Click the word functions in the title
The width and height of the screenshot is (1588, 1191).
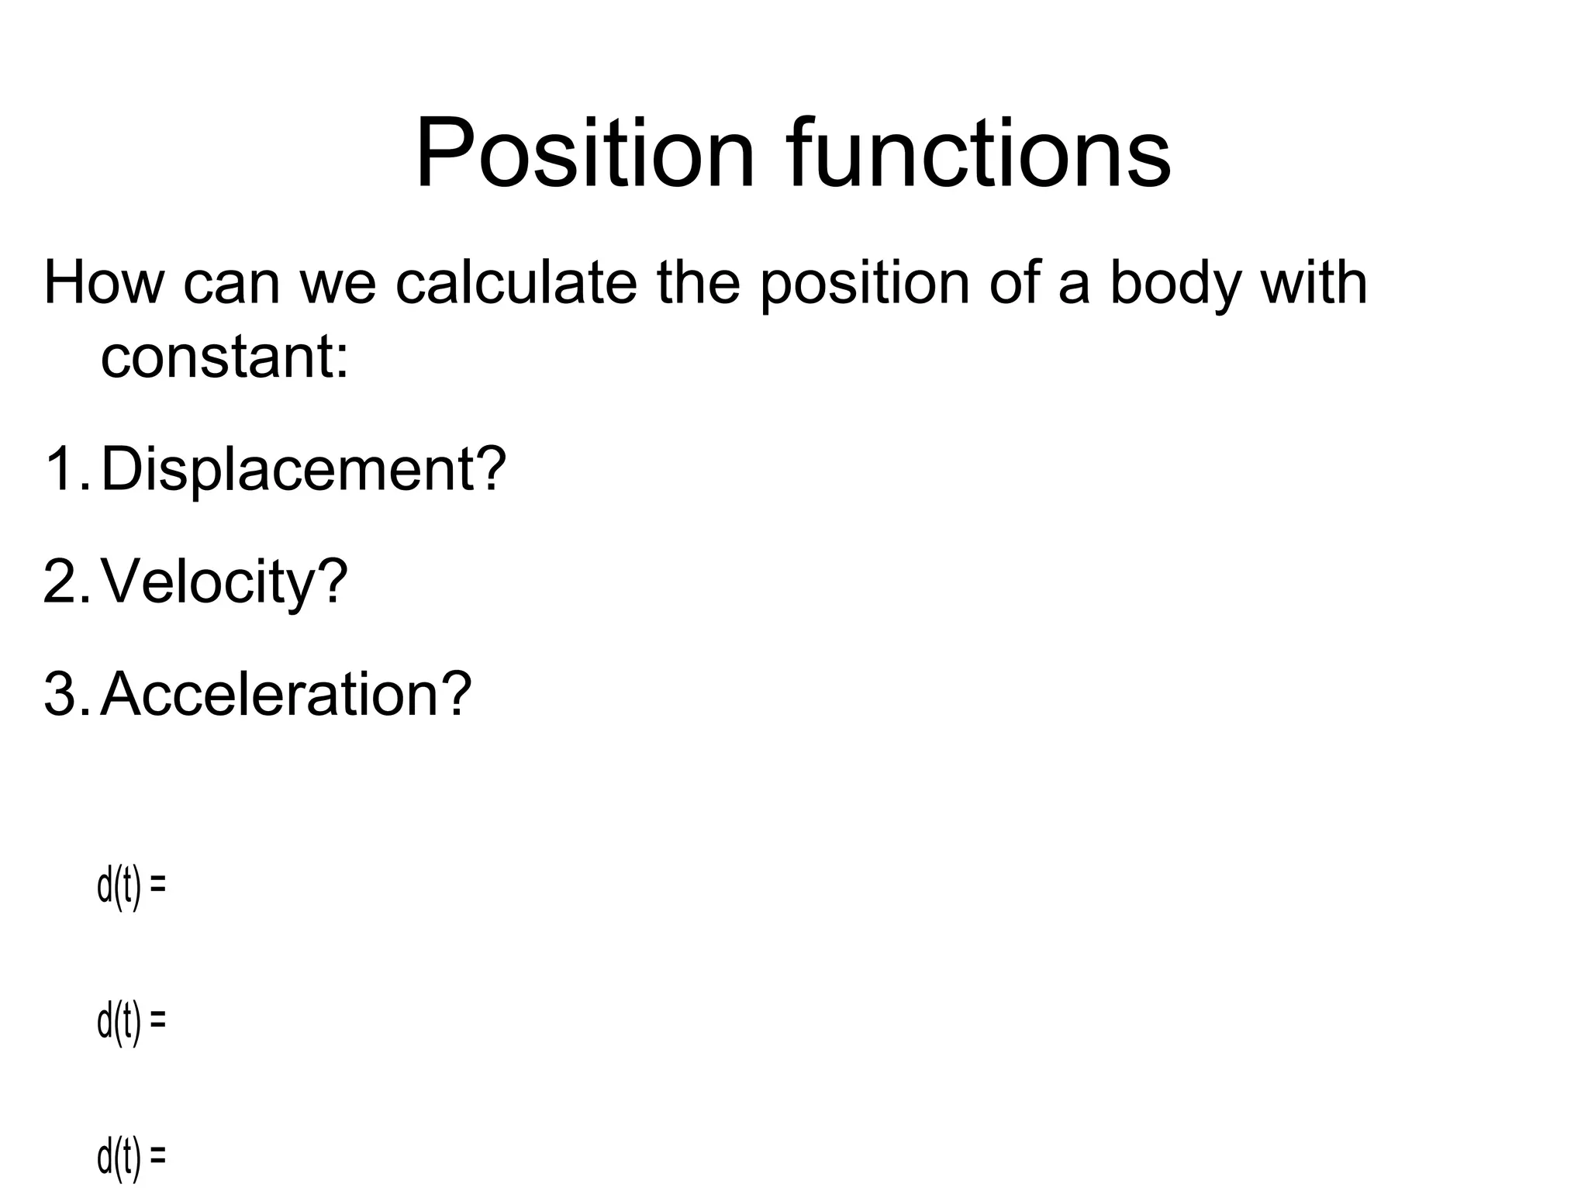pos(979,153)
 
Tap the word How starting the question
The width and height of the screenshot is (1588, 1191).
pos(104,283)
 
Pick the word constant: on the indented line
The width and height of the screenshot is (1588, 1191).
pos(225,357)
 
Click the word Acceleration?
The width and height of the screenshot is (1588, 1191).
pos(286,694)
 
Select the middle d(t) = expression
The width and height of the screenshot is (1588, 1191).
pos(131,1022)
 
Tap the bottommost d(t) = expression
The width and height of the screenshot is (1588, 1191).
pos(131,1158)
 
